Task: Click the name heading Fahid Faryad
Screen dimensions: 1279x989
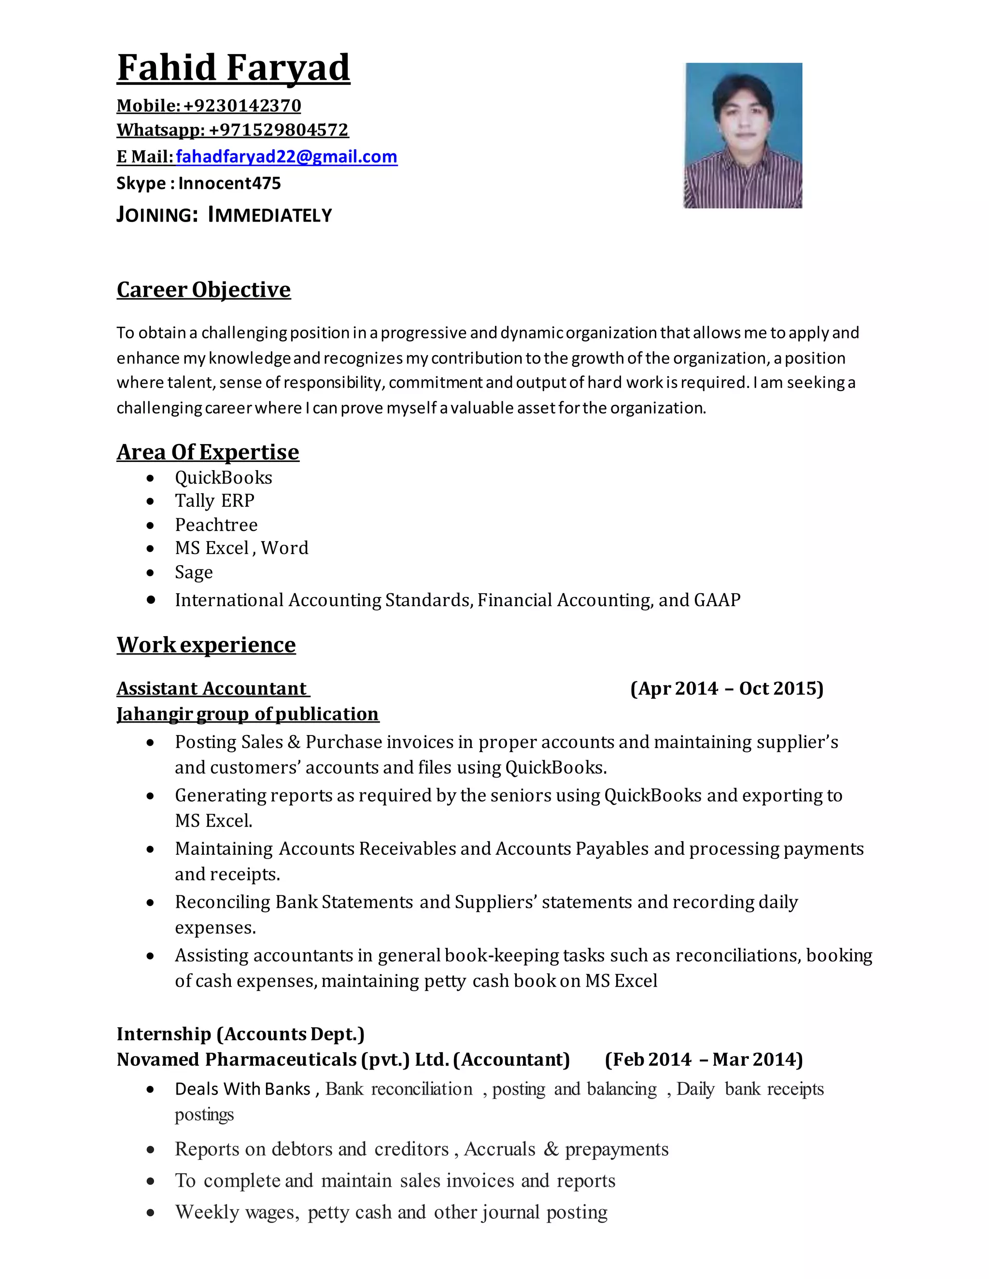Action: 233,68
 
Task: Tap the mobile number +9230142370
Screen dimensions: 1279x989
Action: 242,106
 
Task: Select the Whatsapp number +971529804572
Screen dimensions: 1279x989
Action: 278,130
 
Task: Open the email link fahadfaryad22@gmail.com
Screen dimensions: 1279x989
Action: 286,156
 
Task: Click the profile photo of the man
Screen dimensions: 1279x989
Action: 742,135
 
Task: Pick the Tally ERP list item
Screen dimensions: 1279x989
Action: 214,500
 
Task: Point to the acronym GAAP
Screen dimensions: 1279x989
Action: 717,600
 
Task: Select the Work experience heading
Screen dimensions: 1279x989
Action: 206,645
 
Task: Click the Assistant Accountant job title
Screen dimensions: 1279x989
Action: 212,689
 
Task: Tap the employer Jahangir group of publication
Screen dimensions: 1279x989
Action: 247,714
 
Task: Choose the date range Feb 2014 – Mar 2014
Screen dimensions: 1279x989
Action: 703,1059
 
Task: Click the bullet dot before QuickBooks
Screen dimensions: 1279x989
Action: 151,478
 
